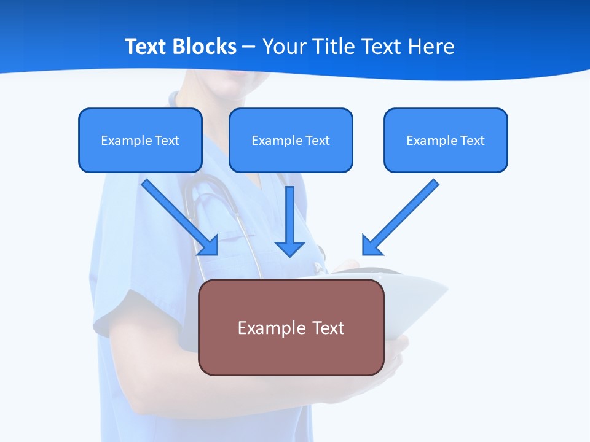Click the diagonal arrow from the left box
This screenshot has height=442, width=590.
point(178,215)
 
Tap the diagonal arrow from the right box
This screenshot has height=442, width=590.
point(402,215)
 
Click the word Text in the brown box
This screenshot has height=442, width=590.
point(329,328)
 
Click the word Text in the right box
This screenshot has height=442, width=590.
point(472,141)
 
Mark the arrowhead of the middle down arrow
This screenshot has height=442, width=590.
point(289,248)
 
